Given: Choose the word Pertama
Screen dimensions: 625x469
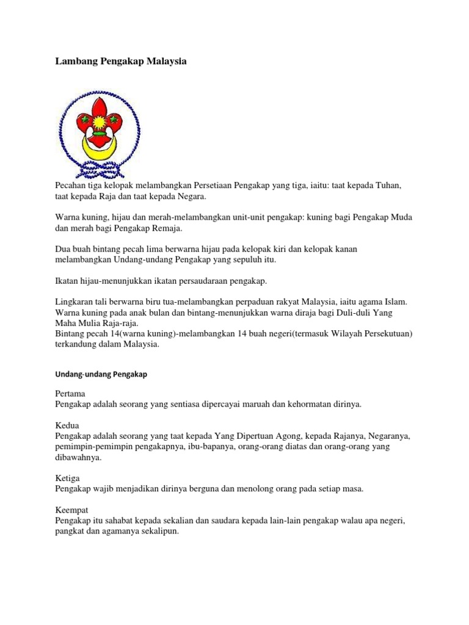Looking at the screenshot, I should point(70,394).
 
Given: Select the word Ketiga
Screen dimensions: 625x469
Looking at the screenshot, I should point(68,479).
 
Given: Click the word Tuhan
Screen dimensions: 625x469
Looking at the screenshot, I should point(385,185).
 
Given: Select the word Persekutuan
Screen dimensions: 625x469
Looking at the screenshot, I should point(384,334).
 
